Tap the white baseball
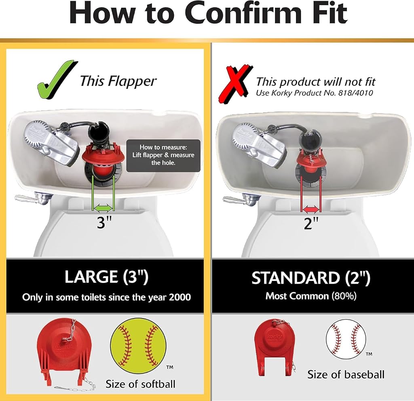(346, 340)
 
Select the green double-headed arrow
(103, 208)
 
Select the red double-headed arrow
(311, 210)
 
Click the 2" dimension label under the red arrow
(311, 223)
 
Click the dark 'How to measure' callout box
(163, 156)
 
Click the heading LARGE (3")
(106, 276)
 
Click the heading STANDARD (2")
(311, 278)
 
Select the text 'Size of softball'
(140, 384)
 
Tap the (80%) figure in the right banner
(344, 296)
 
